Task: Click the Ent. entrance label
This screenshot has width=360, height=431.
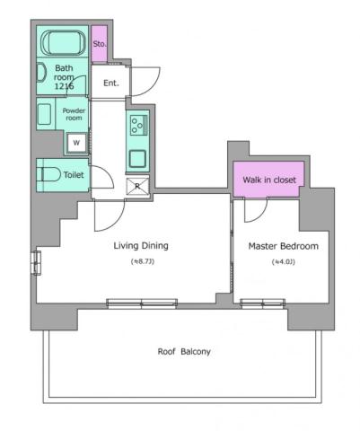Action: (111, 84)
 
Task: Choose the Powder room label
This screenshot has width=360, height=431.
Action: (73, 114)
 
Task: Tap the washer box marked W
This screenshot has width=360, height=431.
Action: (76, 142)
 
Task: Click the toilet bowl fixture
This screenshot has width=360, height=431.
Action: (49, 174)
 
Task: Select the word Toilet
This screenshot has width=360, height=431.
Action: (74, 175)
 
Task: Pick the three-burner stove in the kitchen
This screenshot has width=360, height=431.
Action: (139, 125)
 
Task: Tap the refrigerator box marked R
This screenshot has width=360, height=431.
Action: (138, 187)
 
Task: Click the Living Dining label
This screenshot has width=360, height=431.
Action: (141, 245)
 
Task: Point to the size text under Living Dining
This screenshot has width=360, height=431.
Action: (142, 262)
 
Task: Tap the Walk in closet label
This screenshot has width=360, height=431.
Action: (269, 180)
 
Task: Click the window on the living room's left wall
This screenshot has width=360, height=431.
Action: (36, 262)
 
